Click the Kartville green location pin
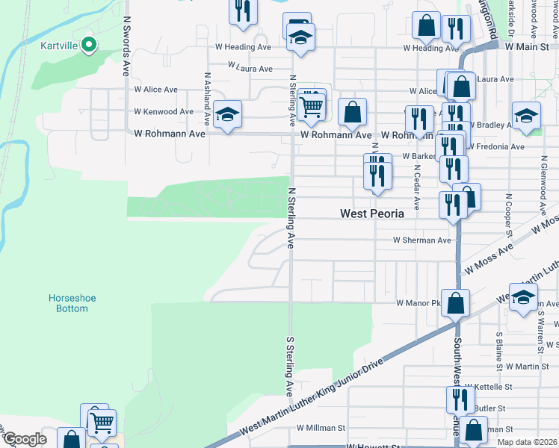pos(89,46)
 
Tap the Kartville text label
pos(60,45)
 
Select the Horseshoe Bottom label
pos(72,303)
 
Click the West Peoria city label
pos(371,214)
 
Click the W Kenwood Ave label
pos(163,112)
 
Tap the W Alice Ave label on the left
pos(155,90)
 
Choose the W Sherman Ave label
pos(422,240)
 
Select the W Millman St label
pos(320,429)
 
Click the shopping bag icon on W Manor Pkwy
pos(454,303)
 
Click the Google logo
pos(25,439)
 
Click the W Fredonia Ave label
pos(495,147)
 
